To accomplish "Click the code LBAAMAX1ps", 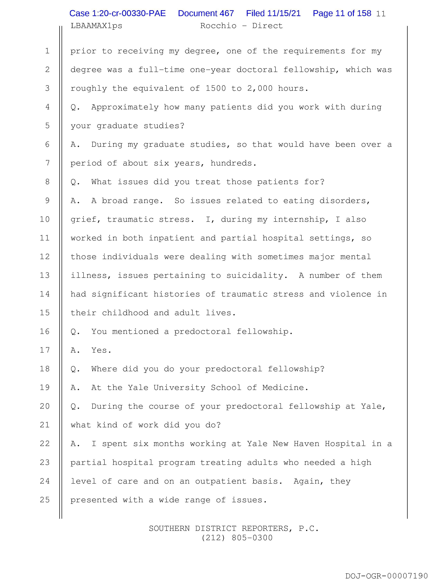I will click(96, 26).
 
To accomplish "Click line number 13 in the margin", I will click(45, 275).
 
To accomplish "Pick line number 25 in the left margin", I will click(45, 500).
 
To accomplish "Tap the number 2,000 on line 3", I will click(260, 88).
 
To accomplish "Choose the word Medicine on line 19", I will click(285, 388).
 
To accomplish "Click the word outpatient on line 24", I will click(220, 481).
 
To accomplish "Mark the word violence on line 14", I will click(350, 294).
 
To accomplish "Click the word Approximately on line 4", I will click(125, 107).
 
